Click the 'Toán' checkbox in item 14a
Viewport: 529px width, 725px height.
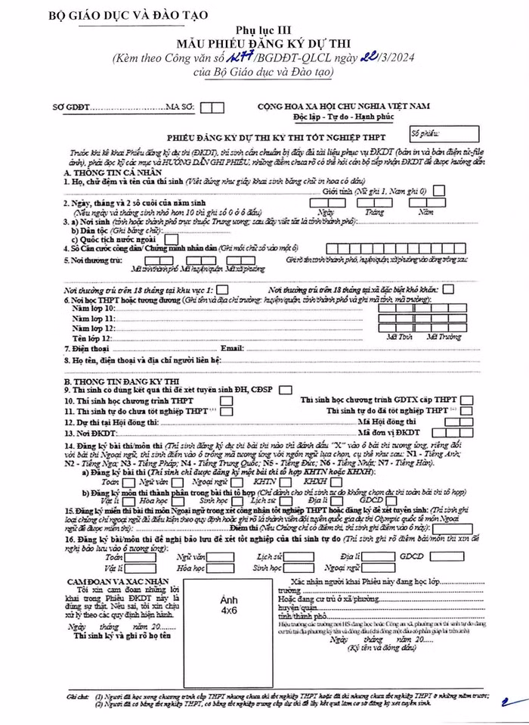128,481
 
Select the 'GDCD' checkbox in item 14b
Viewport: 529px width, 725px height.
388,501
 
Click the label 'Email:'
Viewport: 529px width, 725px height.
231,348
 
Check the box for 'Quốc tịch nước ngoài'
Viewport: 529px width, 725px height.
171,239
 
